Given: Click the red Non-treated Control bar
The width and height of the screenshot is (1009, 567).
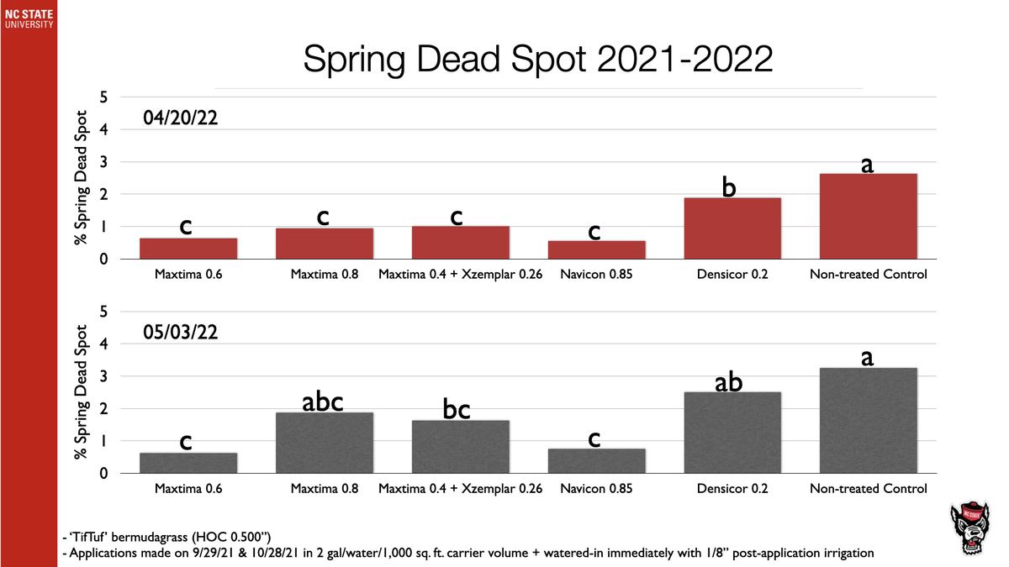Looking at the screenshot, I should click(x=868, y=217).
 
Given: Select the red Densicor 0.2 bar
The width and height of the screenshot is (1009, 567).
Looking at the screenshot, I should click(x=732, y=228).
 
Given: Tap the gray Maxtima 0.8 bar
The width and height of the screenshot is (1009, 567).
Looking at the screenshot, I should click(x=325, y=443).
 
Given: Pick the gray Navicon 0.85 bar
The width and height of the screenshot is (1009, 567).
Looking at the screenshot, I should click(x=596, y=461).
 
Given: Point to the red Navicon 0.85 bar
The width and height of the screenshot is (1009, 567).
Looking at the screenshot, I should click(x=596, y=250).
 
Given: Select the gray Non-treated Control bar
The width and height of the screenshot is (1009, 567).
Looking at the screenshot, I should click(x=868, y=421).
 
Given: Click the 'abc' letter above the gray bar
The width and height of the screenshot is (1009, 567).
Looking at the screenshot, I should click(x=323, y=402).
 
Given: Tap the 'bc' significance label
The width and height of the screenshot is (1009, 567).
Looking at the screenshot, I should click(x=456, y=410).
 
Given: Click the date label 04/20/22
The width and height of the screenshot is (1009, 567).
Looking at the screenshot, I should click(x=181, y=118).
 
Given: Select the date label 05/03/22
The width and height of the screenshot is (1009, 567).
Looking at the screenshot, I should click(x=181, y=333).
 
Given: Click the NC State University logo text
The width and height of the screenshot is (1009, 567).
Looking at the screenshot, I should click(x=29, y=18).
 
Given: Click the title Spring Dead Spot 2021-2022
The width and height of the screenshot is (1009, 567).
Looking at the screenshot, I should click(x=537, y=60).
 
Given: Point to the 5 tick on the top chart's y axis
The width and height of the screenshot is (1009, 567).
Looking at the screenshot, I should click(x=104, y=97).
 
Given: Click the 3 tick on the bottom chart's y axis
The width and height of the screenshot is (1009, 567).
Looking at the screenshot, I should click(x=104, y=376).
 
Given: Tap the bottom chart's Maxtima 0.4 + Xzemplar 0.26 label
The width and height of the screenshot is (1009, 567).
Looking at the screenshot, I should click(x=460, y=489).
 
